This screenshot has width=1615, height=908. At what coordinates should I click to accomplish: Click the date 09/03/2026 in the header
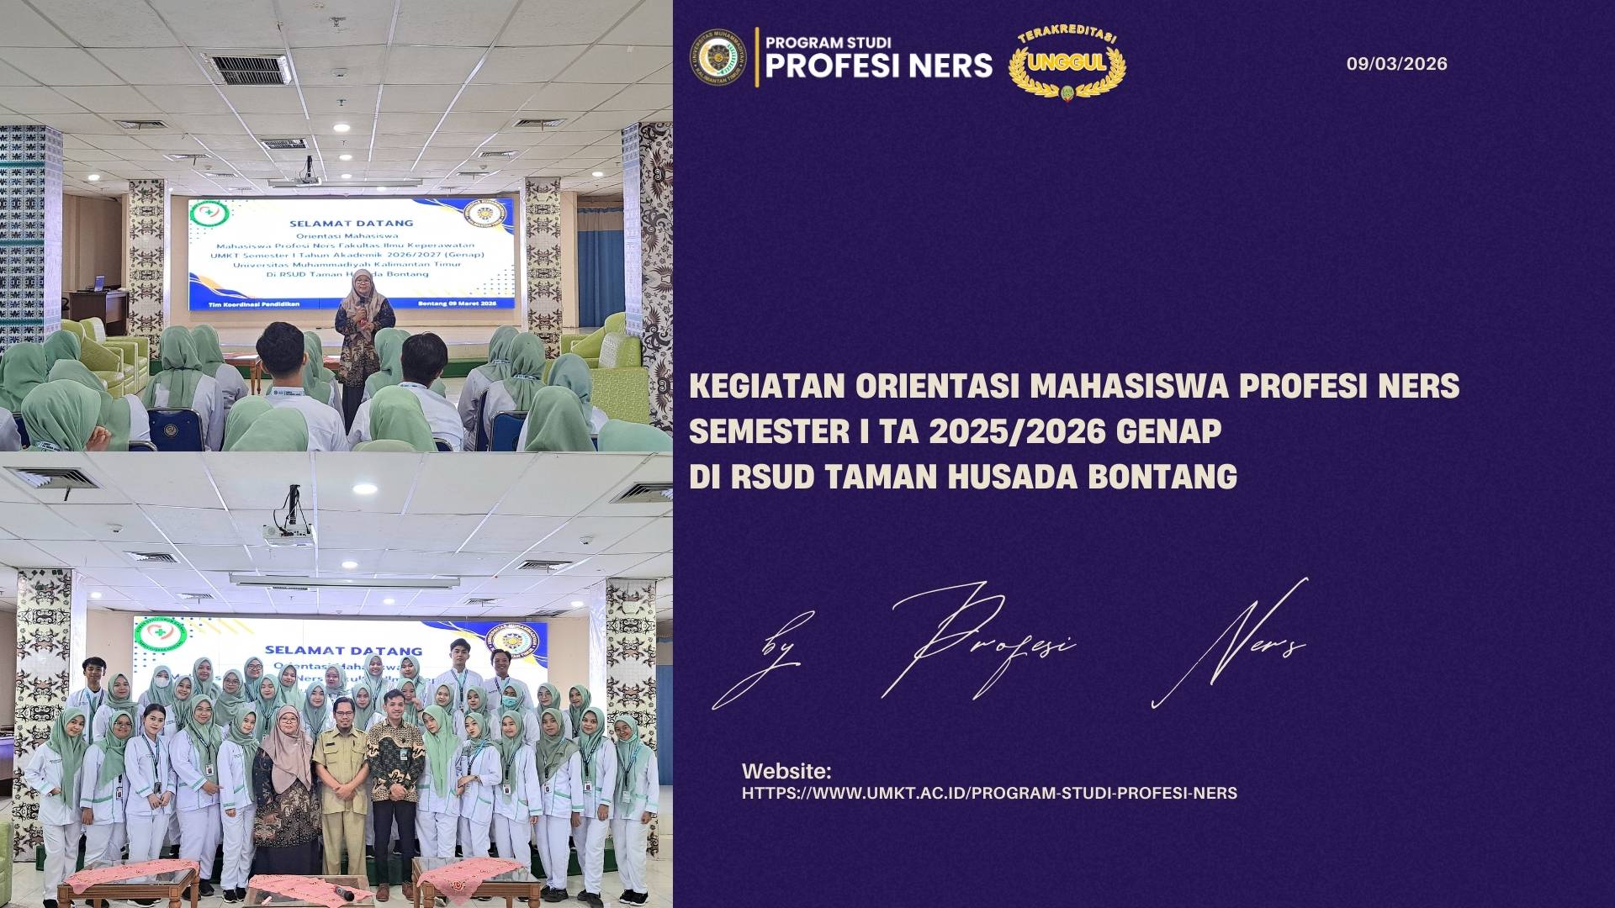coord(1396,64)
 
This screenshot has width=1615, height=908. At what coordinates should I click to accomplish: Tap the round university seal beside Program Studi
coord(718,57)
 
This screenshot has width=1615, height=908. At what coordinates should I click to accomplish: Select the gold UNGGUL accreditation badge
coord(1067,63)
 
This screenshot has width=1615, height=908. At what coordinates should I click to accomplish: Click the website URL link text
coord(989,793)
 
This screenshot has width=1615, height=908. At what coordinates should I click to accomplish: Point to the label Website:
coord(786,771)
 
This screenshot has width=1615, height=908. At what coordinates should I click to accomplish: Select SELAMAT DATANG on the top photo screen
coord(352,223)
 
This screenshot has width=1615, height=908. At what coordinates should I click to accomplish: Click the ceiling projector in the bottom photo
coord(289,528)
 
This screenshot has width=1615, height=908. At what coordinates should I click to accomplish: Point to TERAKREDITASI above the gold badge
coord(1067,36)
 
